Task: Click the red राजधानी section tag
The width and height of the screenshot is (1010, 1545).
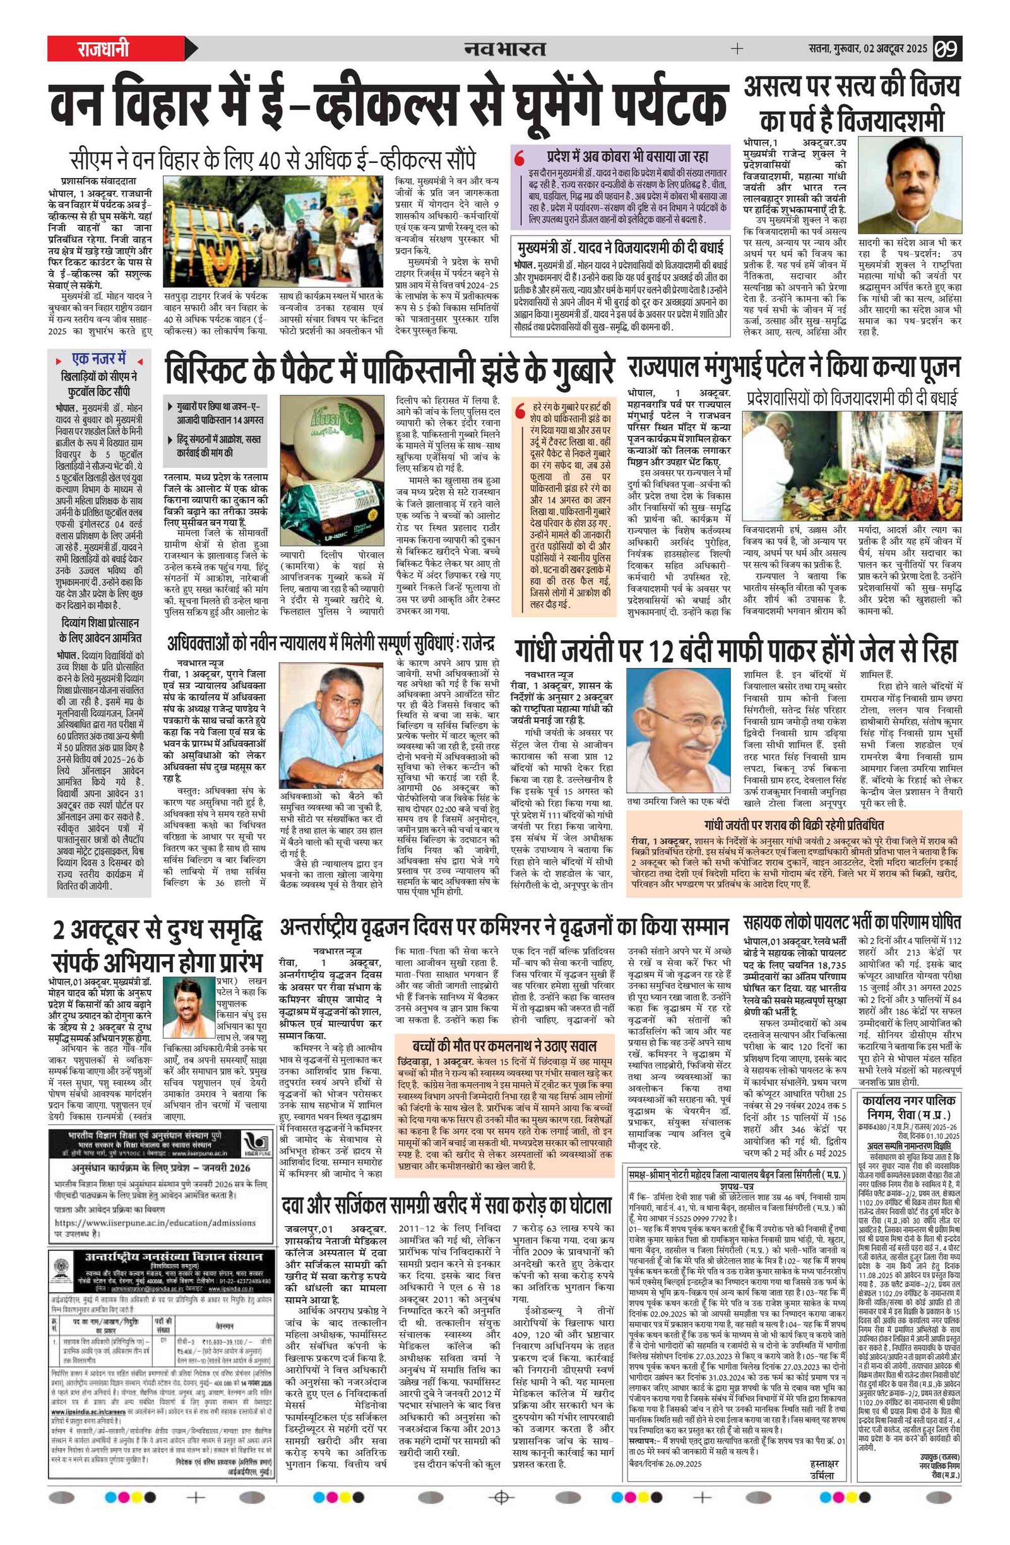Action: pos(104,49)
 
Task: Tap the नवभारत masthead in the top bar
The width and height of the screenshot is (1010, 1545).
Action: pos(504,49)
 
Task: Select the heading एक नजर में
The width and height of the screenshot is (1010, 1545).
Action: pos(99,359)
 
